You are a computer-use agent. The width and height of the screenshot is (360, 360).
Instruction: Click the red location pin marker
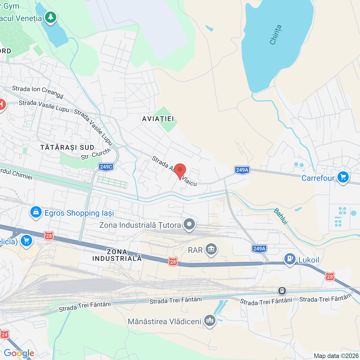click(180, 170)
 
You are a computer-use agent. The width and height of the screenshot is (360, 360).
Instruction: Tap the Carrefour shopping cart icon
click(343, 177)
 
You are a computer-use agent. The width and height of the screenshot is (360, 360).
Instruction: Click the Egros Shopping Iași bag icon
click(36, 212)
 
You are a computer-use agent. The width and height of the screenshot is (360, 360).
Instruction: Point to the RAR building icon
click(211, 249)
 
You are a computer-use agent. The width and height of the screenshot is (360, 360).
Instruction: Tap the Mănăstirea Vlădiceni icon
click(210, 320)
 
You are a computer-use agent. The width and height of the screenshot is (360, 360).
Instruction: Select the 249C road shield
click(106, 167)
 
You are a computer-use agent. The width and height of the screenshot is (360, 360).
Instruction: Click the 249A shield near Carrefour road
click(242, 170)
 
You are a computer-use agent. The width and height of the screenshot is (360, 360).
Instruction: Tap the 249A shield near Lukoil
click(259, 249)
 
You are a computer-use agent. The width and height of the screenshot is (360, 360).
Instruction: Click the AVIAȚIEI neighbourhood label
click(158, 119)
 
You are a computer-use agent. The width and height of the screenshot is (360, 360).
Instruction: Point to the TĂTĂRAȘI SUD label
click(67, 148)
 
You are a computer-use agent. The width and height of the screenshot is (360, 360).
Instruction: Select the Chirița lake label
click(276, 35)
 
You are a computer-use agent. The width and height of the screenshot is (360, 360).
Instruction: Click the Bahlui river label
click(281, 216)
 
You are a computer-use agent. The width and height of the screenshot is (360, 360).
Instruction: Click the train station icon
click(282, 291)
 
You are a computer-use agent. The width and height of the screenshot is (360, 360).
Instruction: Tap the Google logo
click(19, 353)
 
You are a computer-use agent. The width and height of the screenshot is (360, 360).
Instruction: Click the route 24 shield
click(4, 335)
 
